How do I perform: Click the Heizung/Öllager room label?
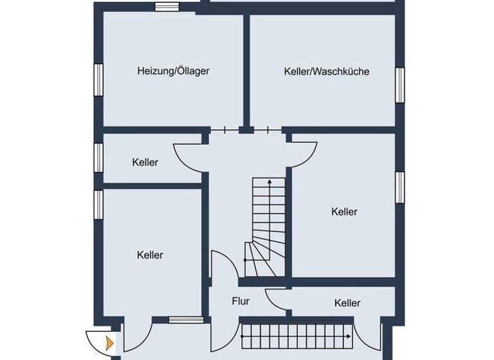[173, 71]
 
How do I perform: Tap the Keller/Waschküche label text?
[326, 71]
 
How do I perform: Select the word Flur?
[241, 301]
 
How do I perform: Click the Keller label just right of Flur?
[347, 303]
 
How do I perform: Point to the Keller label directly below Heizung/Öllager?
[145, 163]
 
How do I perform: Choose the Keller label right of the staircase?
[344, 212]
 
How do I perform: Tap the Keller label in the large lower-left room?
[150, 255]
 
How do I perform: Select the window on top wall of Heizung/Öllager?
[167, 8]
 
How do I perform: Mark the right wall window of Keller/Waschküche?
[399, 84]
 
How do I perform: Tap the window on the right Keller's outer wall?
[399, 186]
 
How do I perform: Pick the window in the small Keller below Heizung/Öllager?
[98, 157]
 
